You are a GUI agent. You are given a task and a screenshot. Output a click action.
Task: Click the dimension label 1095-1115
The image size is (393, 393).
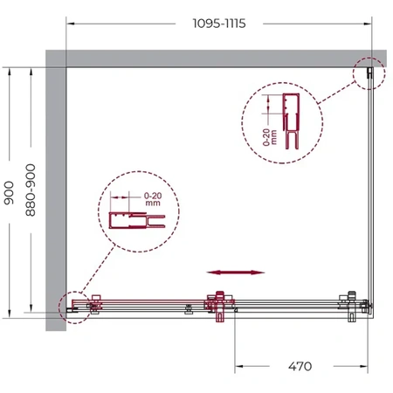(x=219, y=24)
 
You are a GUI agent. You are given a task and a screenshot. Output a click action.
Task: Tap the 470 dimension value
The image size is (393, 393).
(x=300, y=366)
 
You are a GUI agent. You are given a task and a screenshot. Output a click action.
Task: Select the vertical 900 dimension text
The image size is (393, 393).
(x=9, y=193)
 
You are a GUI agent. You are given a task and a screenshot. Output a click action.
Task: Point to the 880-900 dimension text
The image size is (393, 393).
(x=31, y=190)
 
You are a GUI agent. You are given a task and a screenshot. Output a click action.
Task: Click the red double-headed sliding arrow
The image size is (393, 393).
(x=236, y=272)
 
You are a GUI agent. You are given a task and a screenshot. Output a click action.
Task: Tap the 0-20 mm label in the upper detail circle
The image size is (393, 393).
(x=270, y=137)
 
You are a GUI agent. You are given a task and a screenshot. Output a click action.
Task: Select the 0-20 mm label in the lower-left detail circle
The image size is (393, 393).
(x=153, y=199)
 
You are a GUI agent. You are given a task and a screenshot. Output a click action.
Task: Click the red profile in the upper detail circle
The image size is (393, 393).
(x=291, y=121)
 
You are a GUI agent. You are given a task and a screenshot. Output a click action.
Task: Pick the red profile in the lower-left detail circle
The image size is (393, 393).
(x=137, y=220)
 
